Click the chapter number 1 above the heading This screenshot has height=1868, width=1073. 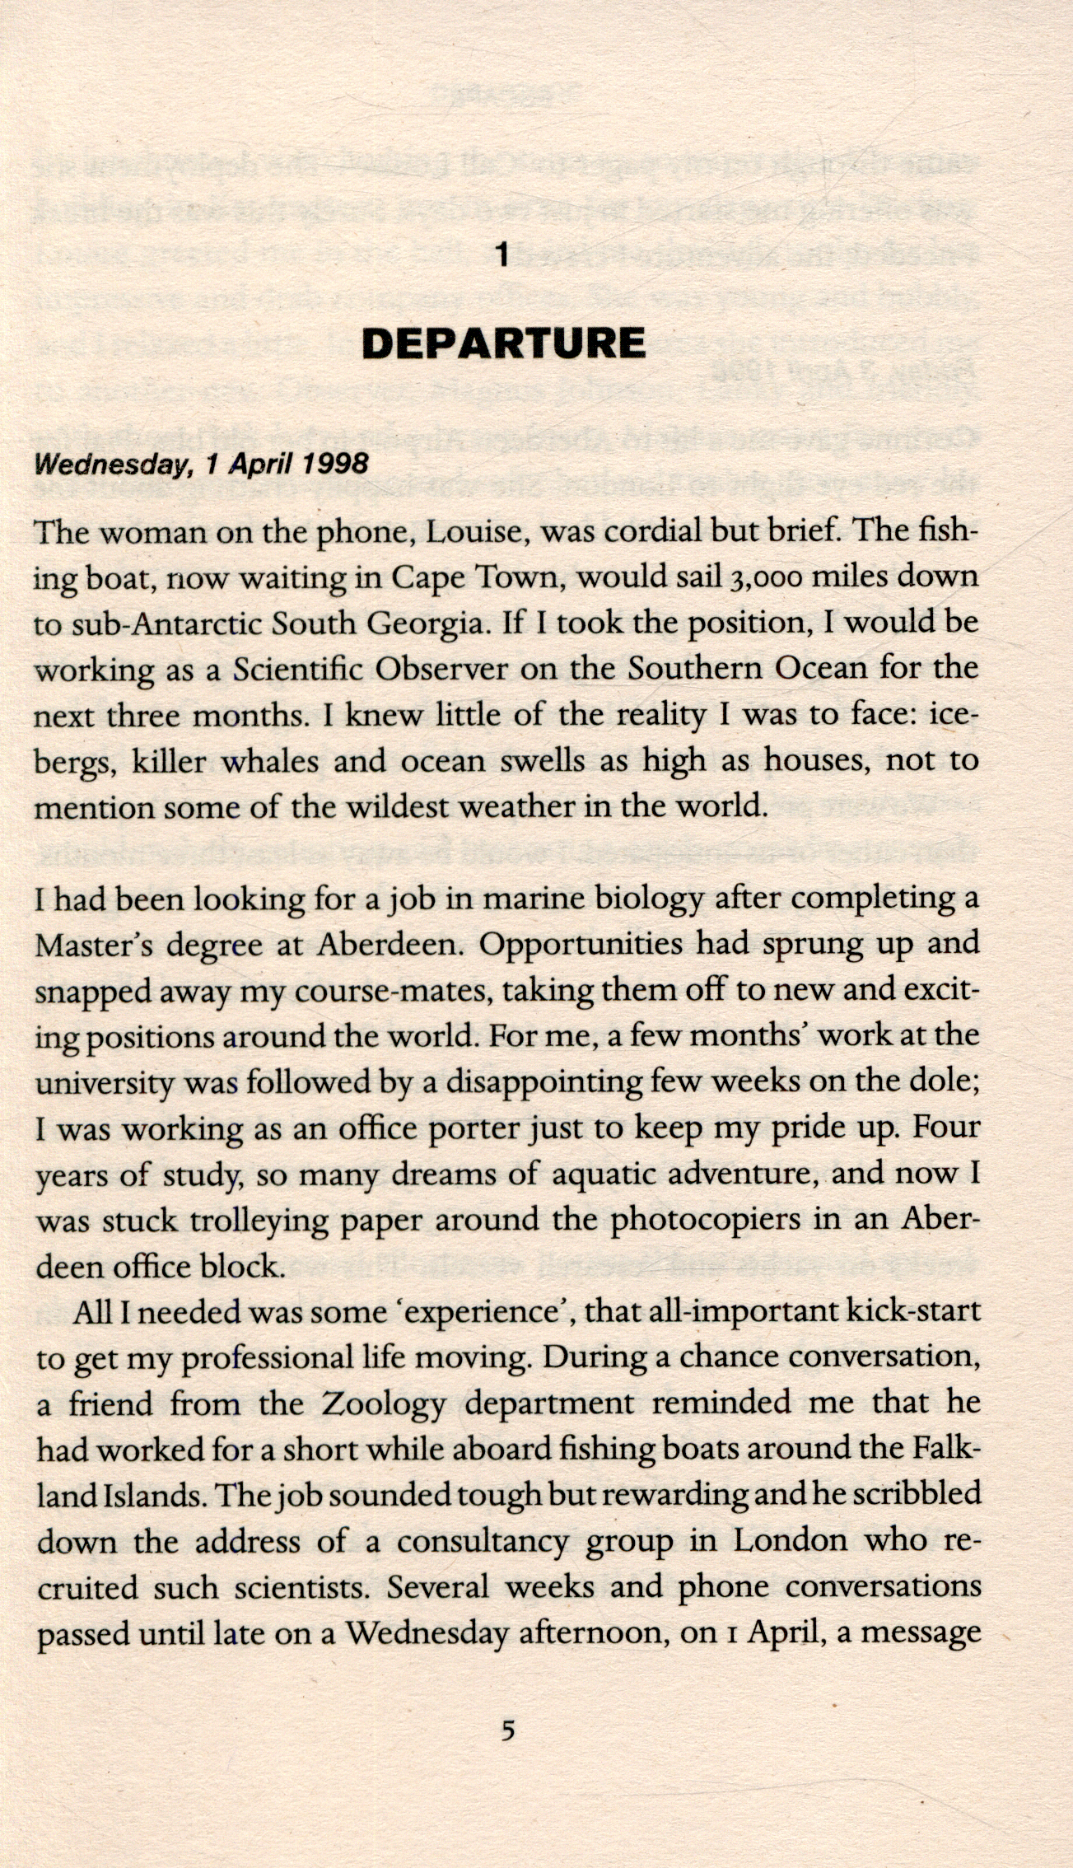(x=504, y=256)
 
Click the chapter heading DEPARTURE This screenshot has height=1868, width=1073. (x=504, y=343)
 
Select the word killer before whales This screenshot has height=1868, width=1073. (x=169, y=760)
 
